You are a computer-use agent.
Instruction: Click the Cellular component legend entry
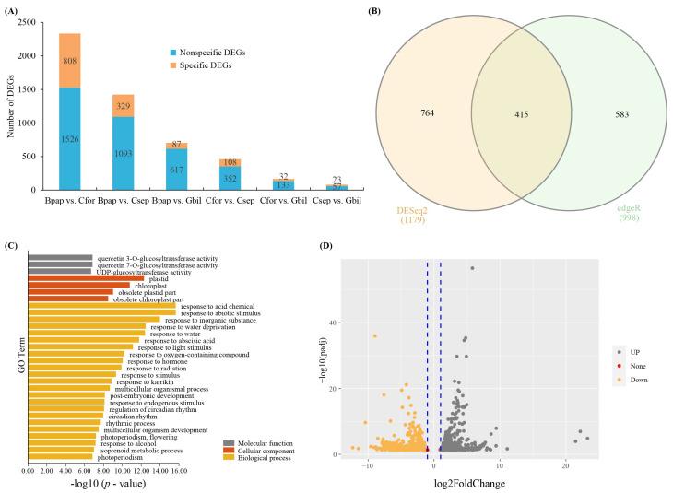coord(264,449)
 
